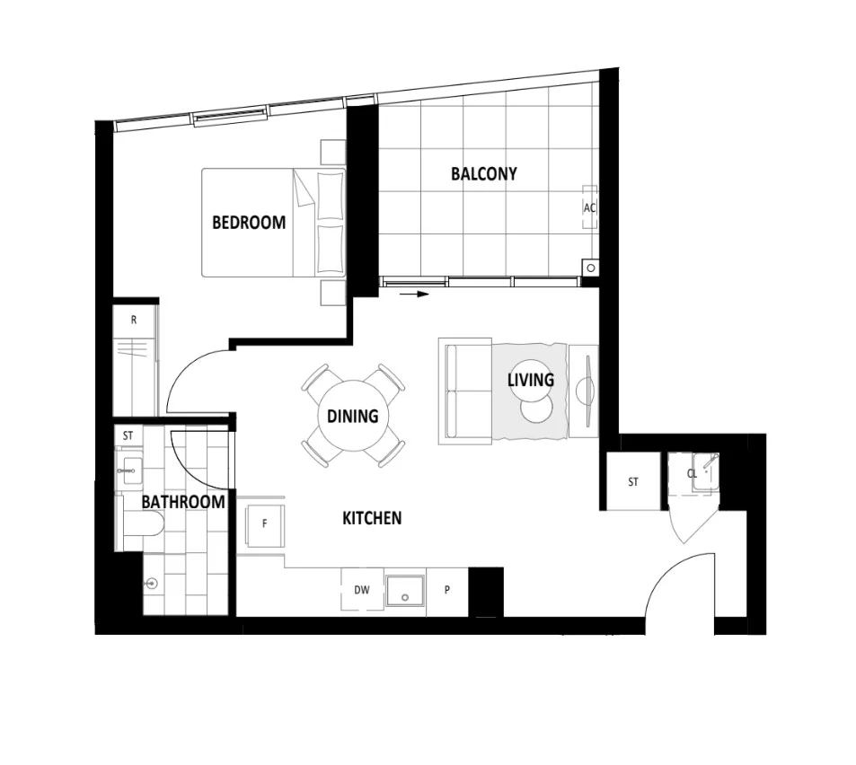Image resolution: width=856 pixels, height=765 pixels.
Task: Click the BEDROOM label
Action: [249, 223]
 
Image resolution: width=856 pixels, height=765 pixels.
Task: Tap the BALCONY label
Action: [483, 174]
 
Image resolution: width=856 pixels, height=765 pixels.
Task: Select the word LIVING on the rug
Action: [530, 380]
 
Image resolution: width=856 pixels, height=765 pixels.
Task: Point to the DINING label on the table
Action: [352, 417]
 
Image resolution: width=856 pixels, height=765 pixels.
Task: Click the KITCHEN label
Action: [372, 518]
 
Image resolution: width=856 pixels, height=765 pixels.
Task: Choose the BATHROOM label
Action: [183, 502]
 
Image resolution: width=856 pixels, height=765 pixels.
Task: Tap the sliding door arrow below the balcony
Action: [414, 293]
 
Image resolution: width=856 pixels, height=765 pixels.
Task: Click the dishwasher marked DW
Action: [362, 590]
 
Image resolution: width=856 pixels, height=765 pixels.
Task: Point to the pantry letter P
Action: [447, 591]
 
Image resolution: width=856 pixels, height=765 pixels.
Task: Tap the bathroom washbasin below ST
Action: [132, 469]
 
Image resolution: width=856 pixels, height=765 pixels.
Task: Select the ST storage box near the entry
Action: [633, 482]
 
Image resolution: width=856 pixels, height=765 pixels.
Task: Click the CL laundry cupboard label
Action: [693, 473]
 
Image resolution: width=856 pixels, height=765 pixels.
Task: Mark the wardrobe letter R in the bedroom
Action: [134, 320]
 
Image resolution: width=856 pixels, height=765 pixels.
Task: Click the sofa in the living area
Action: [464, 391]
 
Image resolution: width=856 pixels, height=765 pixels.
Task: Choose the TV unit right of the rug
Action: [585, 390]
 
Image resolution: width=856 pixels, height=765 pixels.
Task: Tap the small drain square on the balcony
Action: [591, 267]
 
